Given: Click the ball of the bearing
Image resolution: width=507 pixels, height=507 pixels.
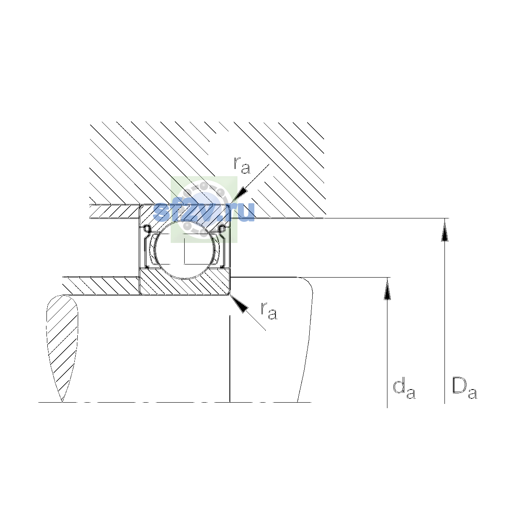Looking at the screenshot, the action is pyautogui.click(x=185, y=248).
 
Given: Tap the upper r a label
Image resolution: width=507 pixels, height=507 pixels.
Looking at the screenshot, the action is pyautogui.click(x=242, y=166).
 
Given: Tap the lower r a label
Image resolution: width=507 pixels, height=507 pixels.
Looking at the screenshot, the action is pyautogui.click(x=269, y=311).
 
